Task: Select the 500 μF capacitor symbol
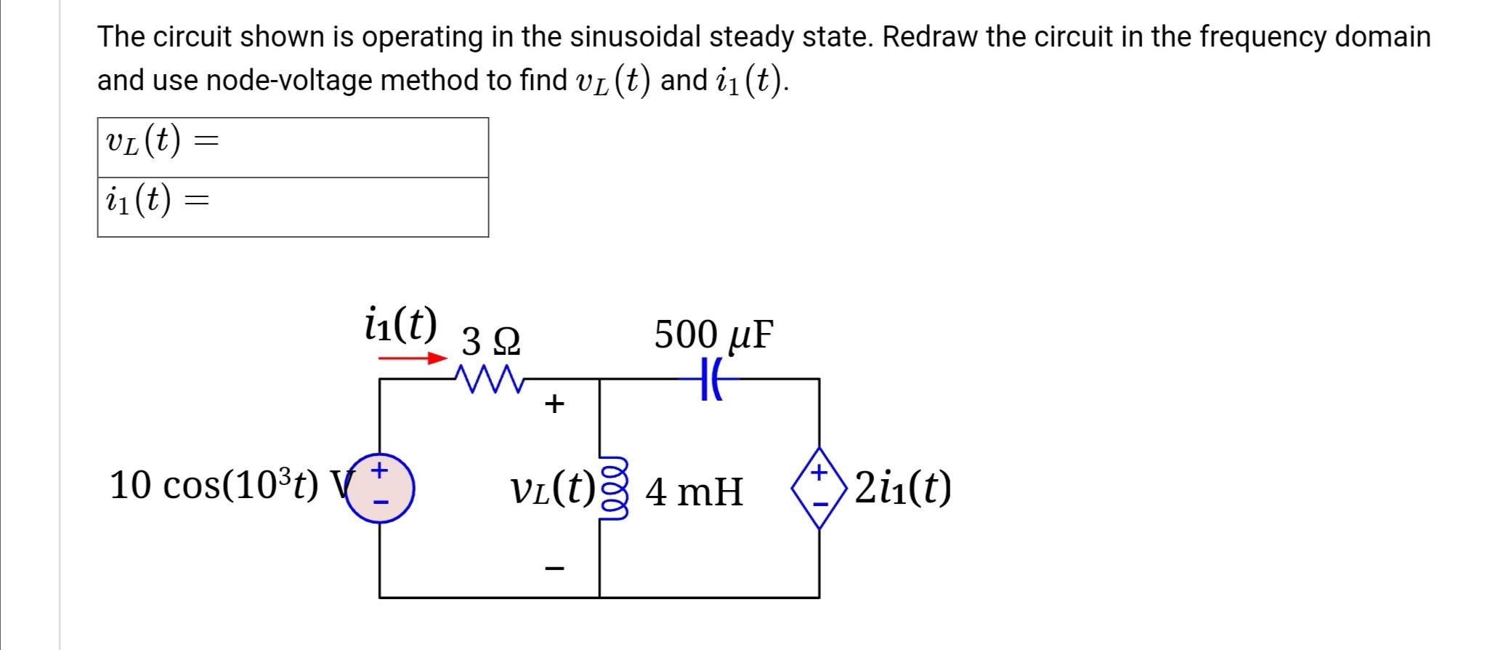coord(711,379)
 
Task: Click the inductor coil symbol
coord(609,489)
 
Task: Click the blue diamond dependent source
coord(820,488)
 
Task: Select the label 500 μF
coord(713,334)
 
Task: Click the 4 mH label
coord(694,491)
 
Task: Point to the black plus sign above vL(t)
coord(554,404)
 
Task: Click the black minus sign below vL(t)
coord(554,568)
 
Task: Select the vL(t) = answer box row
coord(293,147)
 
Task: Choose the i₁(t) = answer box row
coord(293,207)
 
